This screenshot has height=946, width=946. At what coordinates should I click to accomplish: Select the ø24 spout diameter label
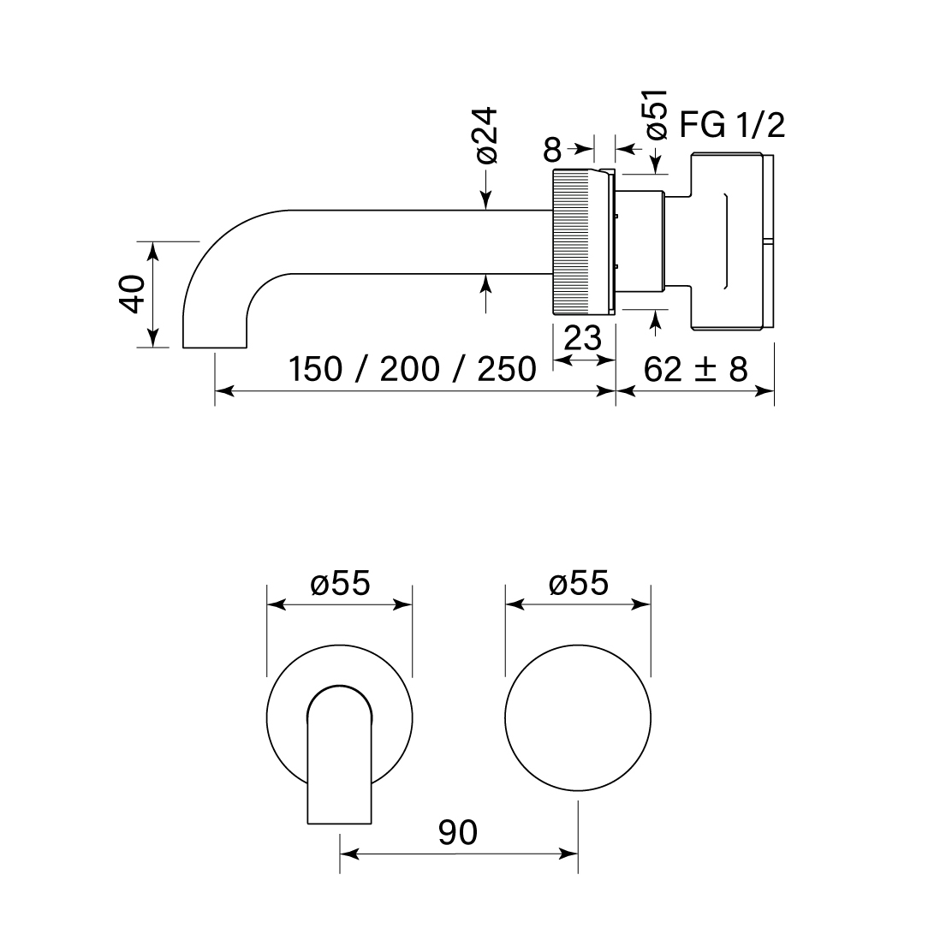[x=486, y=136]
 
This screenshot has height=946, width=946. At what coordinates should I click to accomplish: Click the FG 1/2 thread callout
[x=732, y=126]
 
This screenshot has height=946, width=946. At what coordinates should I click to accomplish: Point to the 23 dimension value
[x=583, y=340]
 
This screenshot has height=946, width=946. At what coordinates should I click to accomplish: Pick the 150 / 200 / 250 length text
[x=413, y=369]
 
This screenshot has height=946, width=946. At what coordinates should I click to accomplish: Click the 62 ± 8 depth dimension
[x=695, y=369]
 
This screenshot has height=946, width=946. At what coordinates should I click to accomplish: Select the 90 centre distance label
[x=458, y=831]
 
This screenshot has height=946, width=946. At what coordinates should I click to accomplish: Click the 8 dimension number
[x=552, y=150]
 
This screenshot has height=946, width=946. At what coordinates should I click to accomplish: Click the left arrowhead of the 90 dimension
[x=348, y=854]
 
